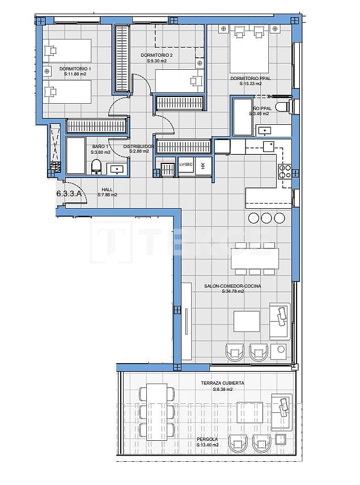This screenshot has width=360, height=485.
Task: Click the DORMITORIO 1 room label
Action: (x=75, y=69)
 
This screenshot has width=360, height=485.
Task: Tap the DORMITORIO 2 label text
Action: (x=156, y=55)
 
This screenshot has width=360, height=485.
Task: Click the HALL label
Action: (x=107, y=189)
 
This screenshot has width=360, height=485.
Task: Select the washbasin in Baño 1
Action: (x=117, y=168)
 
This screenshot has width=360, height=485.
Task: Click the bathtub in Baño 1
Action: (x=75, y=155)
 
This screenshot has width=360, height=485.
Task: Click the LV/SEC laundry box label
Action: (x=185, y=165)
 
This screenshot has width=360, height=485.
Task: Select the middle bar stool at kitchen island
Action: (x=266, y=218)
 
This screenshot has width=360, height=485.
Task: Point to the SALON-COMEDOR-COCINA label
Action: (x=232, y=286)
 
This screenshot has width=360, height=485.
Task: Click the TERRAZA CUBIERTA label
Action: (x=222, y=383)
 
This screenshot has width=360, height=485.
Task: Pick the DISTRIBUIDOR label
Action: (x=138, y=146)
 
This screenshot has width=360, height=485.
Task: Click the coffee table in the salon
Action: (x=247, y=321)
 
